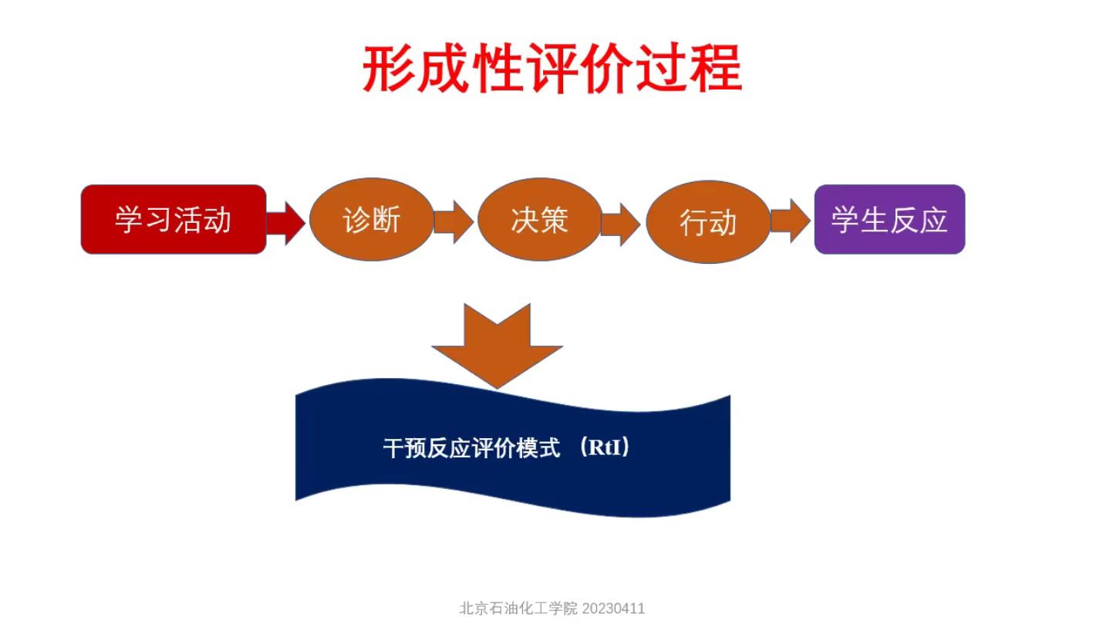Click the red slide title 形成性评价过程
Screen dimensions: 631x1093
(x=552, y=69)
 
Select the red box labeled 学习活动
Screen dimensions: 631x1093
(x=174, y=220)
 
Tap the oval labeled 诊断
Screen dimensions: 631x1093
(x=372, y=220)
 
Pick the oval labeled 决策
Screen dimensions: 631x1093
(x=539, y=220)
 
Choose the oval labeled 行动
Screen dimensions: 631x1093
(x=707, y=222)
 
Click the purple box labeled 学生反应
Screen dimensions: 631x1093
(x=889, y=220)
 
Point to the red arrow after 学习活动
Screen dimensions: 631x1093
(x=286, y=222)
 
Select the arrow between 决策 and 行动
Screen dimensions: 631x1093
(x=621, y=224)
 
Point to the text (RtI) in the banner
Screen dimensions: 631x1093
(x=604, y=448)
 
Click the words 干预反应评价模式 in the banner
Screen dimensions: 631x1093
(x=471, y=449)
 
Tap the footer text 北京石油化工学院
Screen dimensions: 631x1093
(x=518, y=608)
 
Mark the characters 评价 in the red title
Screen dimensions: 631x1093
(x=579, y=69)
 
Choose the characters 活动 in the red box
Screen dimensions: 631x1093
(x=203, y=220)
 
